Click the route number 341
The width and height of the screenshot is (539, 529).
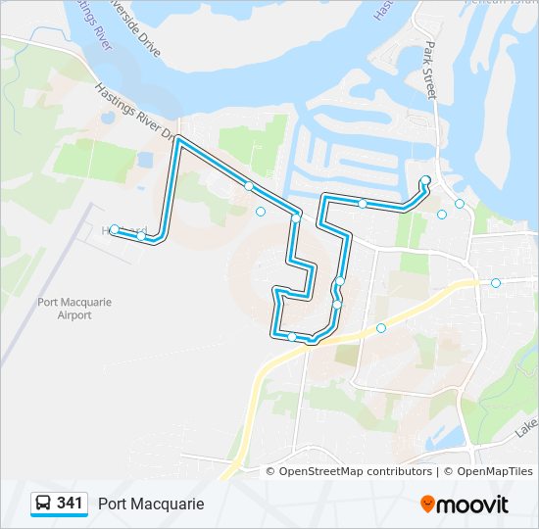[70, 504]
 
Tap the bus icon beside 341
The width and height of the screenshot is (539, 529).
[44, 504]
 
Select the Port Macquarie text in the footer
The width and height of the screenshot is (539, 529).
[151, 504]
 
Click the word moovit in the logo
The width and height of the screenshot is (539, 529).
[474, 505]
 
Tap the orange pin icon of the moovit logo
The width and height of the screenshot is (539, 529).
[428, 504]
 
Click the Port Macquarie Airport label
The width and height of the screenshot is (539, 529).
[74, 309]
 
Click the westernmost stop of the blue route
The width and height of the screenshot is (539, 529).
[115, 229]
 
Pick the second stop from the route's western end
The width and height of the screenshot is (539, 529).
[141, 236]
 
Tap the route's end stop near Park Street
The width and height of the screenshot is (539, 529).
[425, 180]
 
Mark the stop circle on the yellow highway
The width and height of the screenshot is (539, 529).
[381, 328]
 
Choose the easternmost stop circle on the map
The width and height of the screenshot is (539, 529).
[496, 283]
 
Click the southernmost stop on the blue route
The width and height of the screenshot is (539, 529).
[292, 337]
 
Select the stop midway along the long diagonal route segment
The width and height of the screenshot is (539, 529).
[249, 186]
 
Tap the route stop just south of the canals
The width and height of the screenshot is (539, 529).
[363, 204]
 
